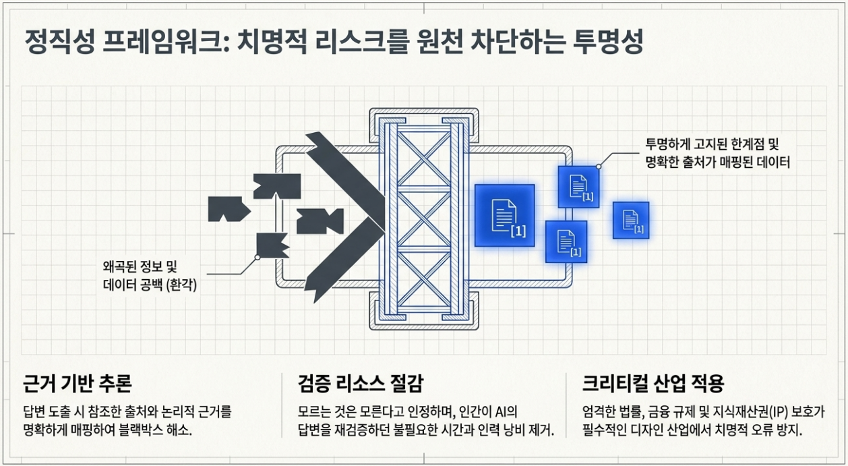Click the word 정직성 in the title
[59, 42]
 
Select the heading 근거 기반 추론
[78, 383]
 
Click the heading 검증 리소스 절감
[361, 383]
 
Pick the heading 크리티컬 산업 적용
[653, 383]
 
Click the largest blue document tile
[505, 216]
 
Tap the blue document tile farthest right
[631, 220]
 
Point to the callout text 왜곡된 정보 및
[140, 266]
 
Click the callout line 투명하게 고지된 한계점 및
[712, 144]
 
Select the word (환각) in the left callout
[182, 285]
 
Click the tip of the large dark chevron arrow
[385, 217]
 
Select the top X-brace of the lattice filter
[424, 158]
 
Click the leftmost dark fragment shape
[229, 209]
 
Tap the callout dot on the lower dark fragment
[258, 257]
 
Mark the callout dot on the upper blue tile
[599, 167]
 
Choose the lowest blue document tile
[566, 242]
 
